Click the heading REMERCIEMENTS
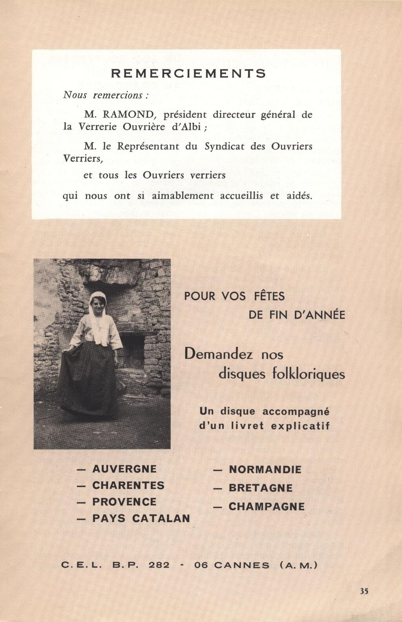[188, 73]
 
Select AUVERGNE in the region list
[124, 469]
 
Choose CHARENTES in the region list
[128, 485]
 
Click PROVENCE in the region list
[124, 502]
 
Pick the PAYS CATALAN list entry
[141, 518]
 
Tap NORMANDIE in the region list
[265, 469]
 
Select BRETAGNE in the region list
[261, 488]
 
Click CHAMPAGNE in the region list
[267, 507]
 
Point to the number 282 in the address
[159, 565]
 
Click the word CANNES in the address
[242, 565]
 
